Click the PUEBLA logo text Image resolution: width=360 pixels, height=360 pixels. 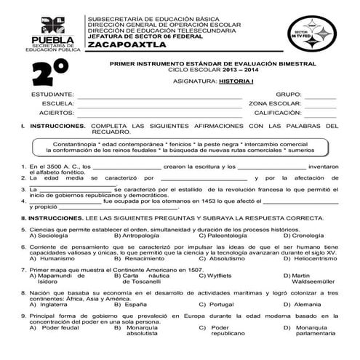pos(48,39)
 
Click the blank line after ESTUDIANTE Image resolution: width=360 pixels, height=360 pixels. pos(160,96)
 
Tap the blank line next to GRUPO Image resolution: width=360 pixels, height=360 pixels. pos(320,96)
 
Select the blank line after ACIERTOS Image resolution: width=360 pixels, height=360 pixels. pos(160,114)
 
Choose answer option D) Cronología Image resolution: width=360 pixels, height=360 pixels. pos(303,236)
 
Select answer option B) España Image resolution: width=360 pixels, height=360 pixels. pos(131,304)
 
